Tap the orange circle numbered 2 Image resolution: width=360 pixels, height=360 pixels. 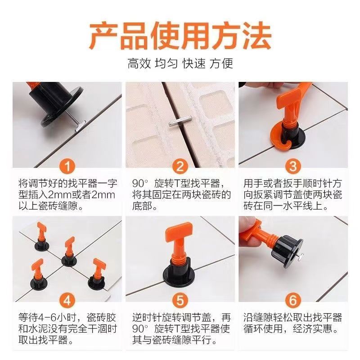pyautogui.click(x=180, y=167)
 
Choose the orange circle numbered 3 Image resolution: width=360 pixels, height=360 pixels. pyautogui.click(x=293, y=167)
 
